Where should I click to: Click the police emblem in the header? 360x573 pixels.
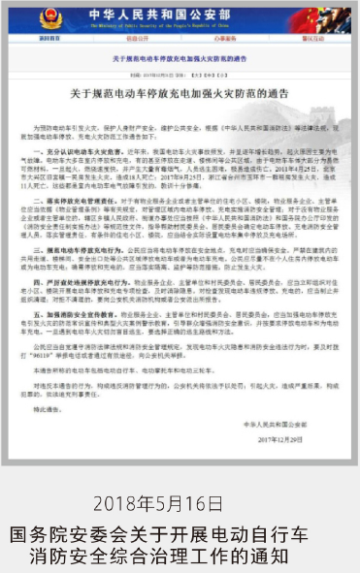point(49,19)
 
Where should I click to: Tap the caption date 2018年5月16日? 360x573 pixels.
point(180,503)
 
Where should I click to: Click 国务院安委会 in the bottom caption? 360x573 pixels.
point(67,532)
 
